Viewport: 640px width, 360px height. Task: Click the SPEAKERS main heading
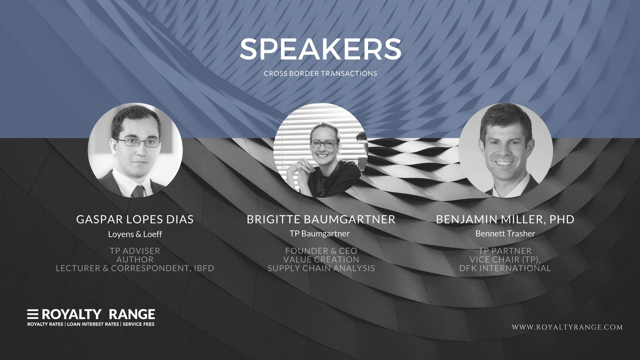pos(320,49)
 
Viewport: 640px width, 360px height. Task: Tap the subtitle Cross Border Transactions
pos(320,73)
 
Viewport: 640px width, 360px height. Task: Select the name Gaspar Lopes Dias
pos(135,219)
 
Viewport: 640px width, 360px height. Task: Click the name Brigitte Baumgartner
pos(321,219)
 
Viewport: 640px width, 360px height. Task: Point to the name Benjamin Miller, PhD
pos(505,219)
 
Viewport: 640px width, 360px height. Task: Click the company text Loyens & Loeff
pos(135,234)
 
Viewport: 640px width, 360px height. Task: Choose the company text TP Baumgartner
pos(320,234)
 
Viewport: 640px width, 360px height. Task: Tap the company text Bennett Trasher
pos(505,234)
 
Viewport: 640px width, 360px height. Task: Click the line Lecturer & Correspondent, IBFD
pos(135,268)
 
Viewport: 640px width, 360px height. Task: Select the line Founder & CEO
pos(321,251)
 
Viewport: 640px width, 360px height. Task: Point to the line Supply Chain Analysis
pos(321,268)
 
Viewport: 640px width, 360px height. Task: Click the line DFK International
pos(505,268)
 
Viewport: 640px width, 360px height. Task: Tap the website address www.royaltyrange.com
pos(567,327)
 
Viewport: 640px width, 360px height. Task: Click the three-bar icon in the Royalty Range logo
pos(33,314)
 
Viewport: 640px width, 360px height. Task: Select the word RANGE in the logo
pos(132,314)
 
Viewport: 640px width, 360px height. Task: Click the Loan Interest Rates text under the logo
pos(93,324)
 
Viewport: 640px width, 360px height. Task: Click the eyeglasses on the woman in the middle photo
pos(323,144)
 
